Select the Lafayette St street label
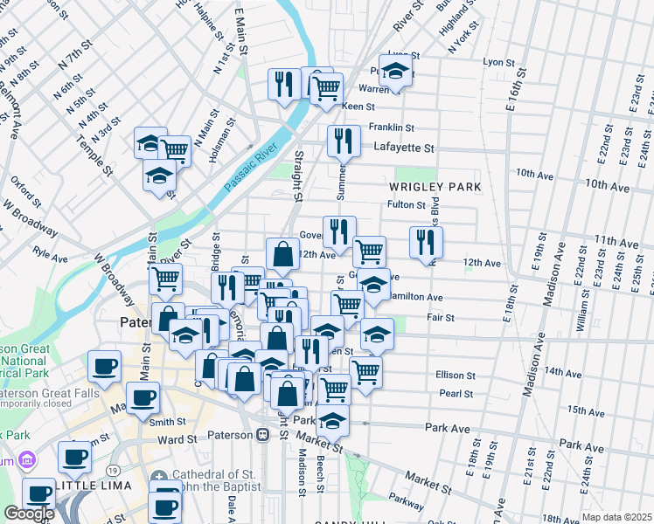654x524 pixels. tap(404, 148)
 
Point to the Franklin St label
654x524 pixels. tap(390, 127)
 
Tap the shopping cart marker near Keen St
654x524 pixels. tap(325, 87)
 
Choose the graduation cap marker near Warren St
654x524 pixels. tap(396, 72)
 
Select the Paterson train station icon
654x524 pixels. tap(262, 435)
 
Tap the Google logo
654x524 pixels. tap(29, 514)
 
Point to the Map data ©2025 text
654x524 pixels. tap(616, 517)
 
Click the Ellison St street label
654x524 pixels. tap(455, 375)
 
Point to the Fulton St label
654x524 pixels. tap(406, 205)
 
